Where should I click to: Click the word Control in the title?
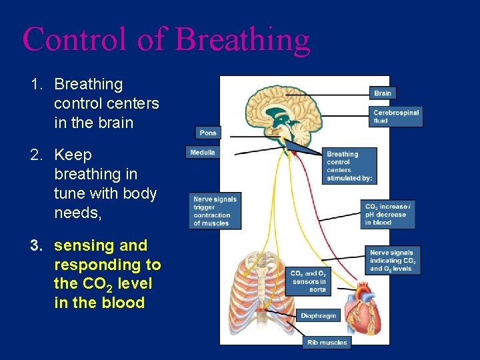(75, 40)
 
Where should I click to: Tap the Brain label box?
(383, 93)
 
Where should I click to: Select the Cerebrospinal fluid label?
(396, 117)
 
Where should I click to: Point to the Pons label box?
(208, 133)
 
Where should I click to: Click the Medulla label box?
(203, 152)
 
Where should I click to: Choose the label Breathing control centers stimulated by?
(349, 166)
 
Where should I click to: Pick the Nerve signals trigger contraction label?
(214, 211)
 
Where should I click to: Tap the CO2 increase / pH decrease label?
(388, 215)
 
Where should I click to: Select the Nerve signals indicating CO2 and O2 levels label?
(393, 261)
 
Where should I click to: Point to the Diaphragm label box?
(318, 315)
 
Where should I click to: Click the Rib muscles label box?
(327, 342)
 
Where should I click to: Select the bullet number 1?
(36, 85)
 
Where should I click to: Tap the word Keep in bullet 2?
(73, 155)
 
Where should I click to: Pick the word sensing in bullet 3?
(83, 246)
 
